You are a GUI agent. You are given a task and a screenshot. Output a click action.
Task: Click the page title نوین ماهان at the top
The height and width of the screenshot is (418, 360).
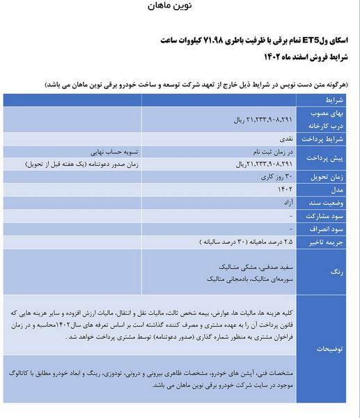click(x=170, y=6)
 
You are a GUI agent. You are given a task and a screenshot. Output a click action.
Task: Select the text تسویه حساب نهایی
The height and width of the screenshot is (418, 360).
click(x=116, y=152)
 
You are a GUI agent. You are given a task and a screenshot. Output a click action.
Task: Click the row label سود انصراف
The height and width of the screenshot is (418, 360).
click(x=327, y=229)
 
